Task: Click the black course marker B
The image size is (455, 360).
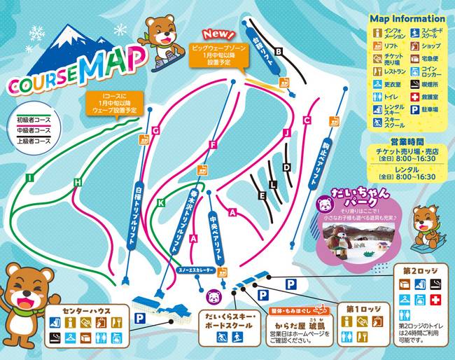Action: point(278,51)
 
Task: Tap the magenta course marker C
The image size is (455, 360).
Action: point(307,120)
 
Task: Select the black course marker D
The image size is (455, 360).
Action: point(286,167)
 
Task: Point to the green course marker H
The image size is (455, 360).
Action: point(78,183)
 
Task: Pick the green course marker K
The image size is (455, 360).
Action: point(161,203)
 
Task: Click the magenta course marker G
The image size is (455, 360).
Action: point(155,130)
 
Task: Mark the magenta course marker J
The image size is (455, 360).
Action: point(286,132)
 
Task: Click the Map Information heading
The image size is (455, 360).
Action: point(407,19)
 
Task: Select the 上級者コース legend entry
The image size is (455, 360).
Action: point(34,140)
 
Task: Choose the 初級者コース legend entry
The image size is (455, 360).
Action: point(34,120)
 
